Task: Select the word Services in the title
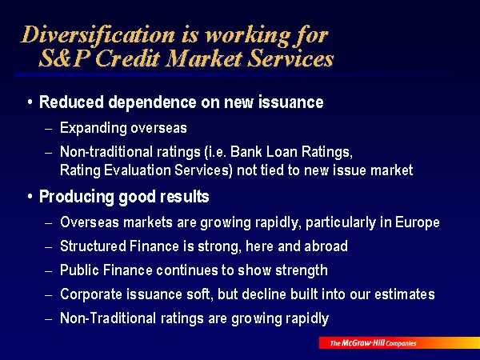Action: click(290, 58)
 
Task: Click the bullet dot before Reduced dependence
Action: click(30, 102)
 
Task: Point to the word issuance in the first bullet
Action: click(291, 102)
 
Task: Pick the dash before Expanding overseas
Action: click(49, 129)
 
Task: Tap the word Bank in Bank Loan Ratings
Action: click(242, 151)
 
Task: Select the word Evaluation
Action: click(138, 170)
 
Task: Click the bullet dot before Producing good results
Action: click(30, 197)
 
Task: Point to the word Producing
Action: click(77, 197)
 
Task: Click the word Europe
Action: click(418, 222)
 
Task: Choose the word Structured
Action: click(93, 246)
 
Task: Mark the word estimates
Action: click(404, 294)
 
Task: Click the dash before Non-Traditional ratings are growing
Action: click(49, 318)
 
